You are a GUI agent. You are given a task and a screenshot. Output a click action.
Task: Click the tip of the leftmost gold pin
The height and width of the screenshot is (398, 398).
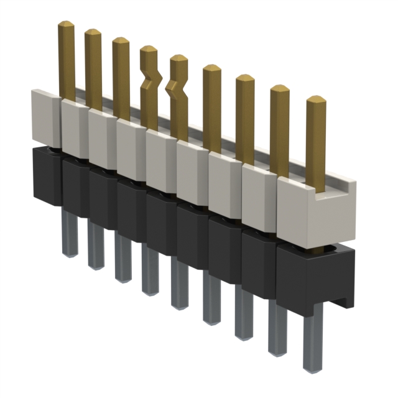(66, 25)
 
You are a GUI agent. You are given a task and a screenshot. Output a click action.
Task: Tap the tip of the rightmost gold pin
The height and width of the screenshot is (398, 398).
(316, 100)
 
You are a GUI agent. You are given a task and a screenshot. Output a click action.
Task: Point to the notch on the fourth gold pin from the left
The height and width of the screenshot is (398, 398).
(149, 81)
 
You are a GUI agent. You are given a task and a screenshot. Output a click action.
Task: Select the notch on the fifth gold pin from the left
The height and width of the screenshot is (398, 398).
(178, 91)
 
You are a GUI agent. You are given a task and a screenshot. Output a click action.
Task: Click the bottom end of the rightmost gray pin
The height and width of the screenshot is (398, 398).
(312, 367)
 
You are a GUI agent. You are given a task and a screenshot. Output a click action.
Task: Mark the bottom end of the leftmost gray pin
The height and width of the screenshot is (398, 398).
(68, 252)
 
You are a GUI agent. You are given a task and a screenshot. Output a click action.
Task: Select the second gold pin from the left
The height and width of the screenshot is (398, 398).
(93, 68)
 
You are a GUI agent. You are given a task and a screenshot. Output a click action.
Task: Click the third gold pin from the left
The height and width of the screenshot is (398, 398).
(121, 78)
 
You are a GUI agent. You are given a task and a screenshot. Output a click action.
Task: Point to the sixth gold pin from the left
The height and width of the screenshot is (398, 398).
(212, 109)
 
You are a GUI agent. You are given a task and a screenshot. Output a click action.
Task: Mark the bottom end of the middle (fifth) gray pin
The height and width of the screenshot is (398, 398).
(180, 305)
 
